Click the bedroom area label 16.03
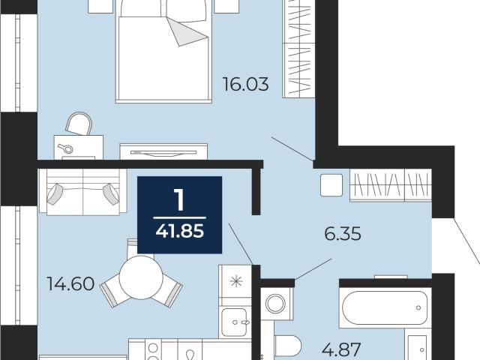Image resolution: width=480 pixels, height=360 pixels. coord(245,84)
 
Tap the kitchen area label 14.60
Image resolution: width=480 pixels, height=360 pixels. coord(70,283)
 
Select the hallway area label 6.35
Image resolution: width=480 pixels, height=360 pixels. coord(343,234)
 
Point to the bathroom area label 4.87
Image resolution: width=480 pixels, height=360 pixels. coord(342,349)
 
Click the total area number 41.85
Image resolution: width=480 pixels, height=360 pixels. coord(180,231)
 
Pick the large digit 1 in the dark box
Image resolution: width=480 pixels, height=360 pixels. coord(179,199)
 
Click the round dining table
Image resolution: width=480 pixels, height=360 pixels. coord(141,277)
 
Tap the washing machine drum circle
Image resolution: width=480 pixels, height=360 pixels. coord(275,304)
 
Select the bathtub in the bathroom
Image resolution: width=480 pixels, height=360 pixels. coord(385,307)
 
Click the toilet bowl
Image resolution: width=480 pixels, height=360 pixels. coord(288,346)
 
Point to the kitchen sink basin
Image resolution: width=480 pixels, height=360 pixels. coord(234,322)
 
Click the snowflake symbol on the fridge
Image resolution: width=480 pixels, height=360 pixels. coord(237,281)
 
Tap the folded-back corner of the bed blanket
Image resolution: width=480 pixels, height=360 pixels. coord(185,32)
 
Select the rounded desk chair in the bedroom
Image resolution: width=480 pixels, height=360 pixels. coord(79,123)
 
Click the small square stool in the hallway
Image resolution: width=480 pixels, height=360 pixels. coord(331,185)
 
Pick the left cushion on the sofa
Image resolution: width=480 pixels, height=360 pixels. coord(55,193)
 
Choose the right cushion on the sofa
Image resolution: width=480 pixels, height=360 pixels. coord(111,193)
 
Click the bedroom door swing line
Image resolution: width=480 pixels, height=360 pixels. coord(292,149)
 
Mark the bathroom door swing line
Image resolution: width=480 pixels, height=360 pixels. coord(313,269)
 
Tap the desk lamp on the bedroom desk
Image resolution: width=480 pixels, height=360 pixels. coord(66,148)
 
